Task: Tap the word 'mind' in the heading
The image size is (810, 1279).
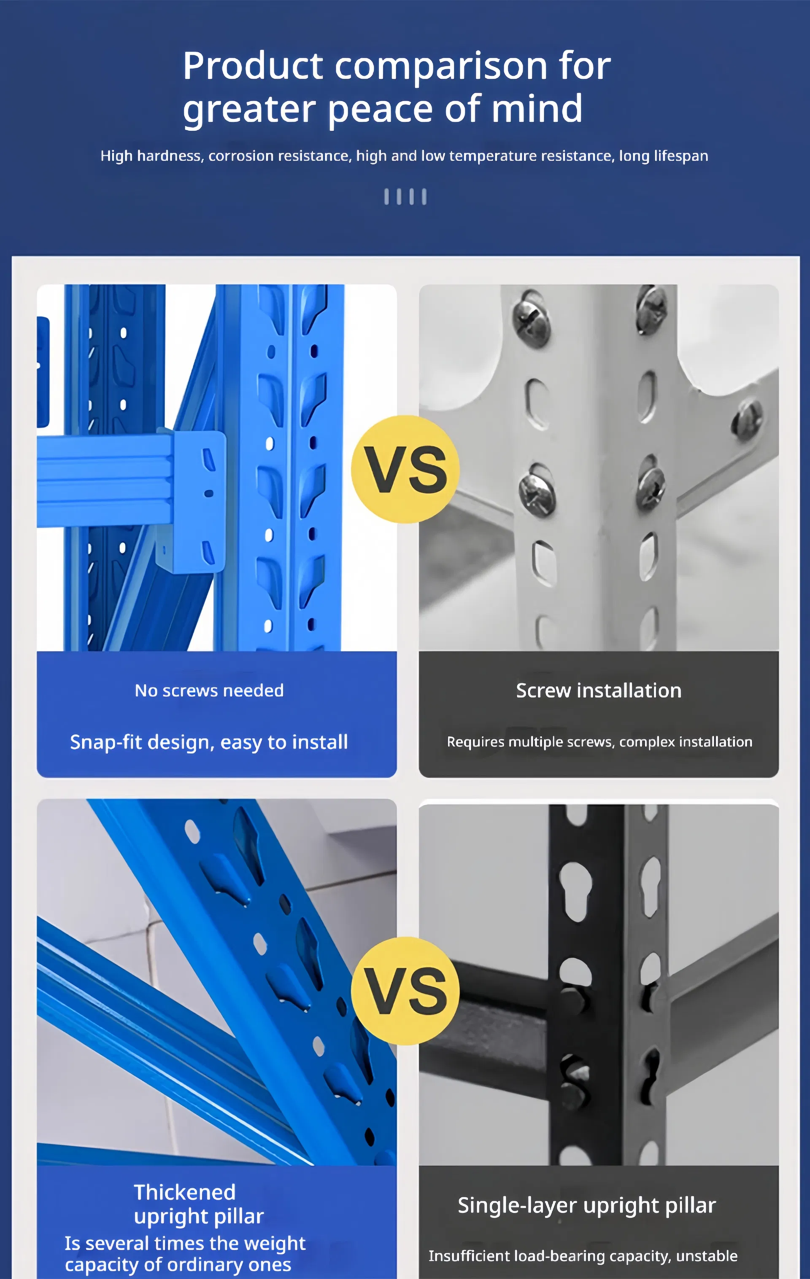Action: click(537, 108)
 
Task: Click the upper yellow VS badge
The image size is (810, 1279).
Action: click(405, 469)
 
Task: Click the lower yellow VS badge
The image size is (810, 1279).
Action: click(405, 991)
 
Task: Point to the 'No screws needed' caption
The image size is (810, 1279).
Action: click(209, 691)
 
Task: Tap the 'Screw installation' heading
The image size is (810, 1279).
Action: click(599, 691)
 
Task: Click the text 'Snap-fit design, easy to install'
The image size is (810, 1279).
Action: click(209, 742)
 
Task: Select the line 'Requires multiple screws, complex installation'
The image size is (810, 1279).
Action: click(599, 742)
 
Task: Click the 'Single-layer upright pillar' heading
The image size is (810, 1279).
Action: click(586, 1206)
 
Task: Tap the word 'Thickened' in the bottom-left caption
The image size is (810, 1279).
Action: click(184, 1193)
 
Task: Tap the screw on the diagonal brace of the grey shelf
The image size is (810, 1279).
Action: click(747, 419)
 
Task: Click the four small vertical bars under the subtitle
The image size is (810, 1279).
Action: click(405, 196)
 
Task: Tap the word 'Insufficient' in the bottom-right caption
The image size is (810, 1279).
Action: click(469, 1256)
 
